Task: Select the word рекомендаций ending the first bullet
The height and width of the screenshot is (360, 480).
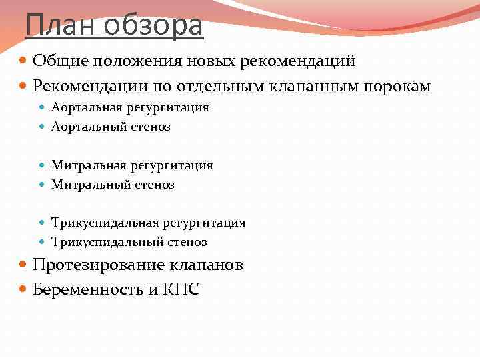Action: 305,61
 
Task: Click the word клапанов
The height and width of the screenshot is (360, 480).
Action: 206,265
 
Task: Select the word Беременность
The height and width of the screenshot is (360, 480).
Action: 89,290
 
